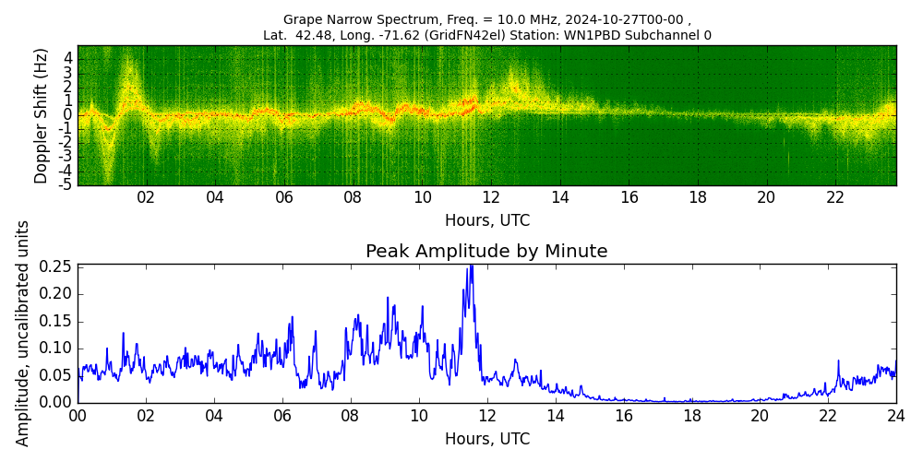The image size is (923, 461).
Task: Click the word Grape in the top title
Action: [x=304, y=19]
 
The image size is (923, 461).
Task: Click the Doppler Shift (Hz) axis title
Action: [x=42, y=115]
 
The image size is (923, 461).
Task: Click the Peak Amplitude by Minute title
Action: [x=486, y=252]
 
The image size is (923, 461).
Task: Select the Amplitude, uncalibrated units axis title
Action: [x=23, y=333]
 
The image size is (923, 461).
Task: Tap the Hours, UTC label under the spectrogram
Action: [x=486, y=221]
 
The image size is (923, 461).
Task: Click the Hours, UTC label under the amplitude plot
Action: [x=486, y=439]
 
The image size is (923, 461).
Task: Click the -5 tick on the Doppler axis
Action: [x=66, y=184]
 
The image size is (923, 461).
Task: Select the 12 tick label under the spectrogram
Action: [x=491, y=197]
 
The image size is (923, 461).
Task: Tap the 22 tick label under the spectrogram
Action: [x=835, y=197]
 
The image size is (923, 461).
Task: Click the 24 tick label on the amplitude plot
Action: [x=895, y=415]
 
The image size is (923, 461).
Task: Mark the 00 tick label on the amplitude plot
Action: [x=78, y=415]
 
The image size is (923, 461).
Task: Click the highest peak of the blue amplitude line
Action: [x=471, y=266]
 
